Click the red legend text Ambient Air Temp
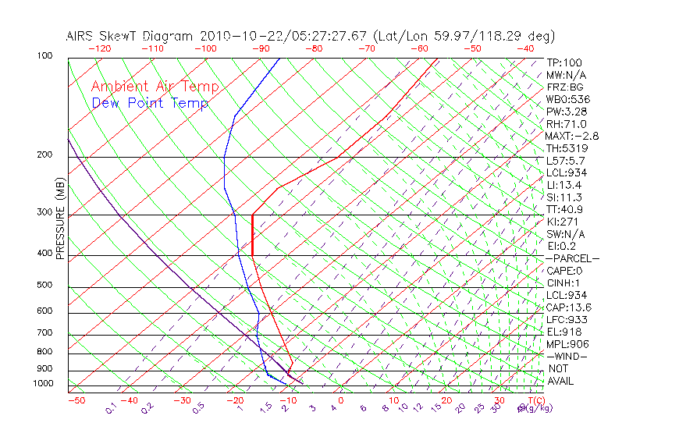coord(155,87)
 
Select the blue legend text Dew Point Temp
coord(150,103)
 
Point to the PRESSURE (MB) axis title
coord(59,218)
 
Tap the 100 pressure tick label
coord(44,56)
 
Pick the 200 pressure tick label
coord(44,155)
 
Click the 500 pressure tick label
coord(44,286)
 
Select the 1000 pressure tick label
coord(42,384)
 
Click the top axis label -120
coord(99,48)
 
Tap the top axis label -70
coord(366,48)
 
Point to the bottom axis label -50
coord(76,401)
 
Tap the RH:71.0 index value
coord(566,124)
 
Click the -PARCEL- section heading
coord(572,258)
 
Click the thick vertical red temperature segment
coord(253,234)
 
